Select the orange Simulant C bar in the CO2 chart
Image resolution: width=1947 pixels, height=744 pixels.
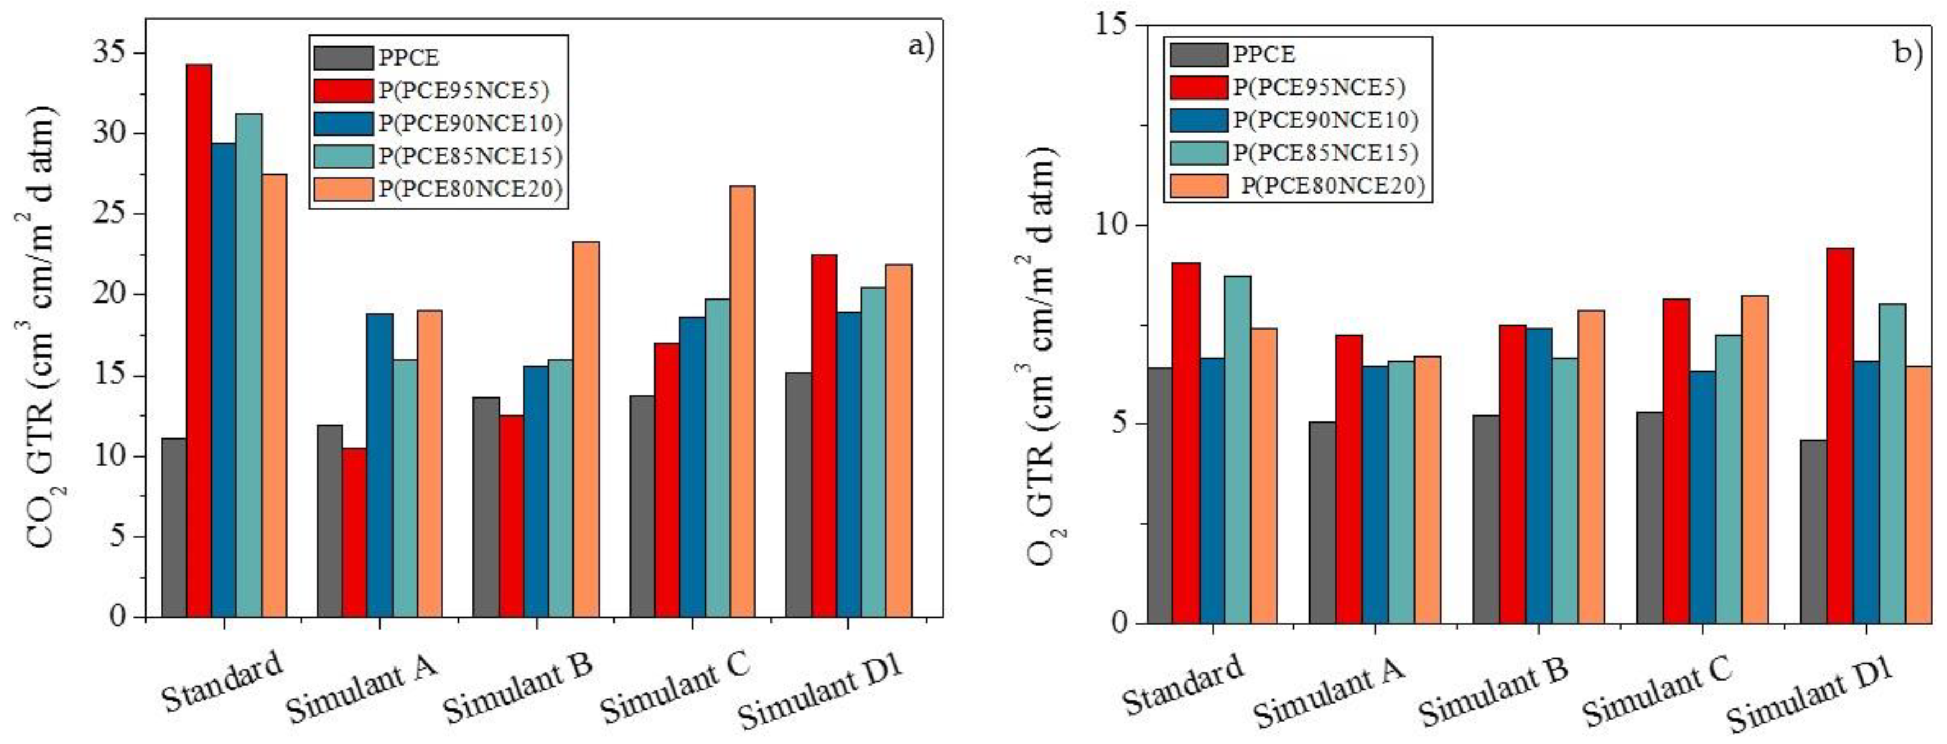pyautogui.click(x=742, y=401)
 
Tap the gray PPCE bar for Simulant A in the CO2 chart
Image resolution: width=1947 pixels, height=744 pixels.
pyautogui.click(x=330, y=521)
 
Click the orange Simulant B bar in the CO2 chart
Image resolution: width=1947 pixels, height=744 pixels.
pyautogui.click(x=587, y=429)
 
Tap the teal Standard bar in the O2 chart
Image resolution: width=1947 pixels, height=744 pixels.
pyautogui.click(x=1237, y=449)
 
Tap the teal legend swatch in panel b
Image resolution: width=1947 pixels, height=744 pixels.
pyautogui.click(x=1198, y=153)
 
